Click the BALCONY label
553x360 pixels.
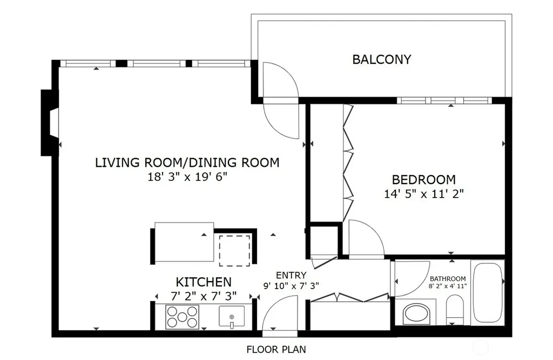click(382, 59)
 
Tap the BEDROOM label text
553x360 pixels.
click(423, 180)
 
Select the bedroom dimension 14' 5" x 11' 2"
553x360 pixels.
click(423, 194)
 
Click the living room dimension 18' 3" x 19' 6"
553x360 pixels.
click(187, 176)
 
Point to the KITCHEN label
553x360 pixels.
click(204, 282)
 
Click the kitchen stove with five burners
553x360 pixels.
click(182, 317)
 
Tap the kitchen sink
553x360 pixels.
click(232, 317)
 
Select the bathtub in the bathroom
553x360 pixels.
click(488, 293)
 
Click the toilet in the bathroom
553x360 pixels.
click(455, 310)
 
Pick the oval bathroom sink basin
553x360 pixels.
click(416, 314)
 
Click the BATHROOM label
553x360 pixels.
click(448, 279)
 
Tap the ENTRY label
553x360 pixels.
click(291, 275)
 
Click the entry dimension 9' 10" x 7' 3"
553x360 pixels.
click(291, 286)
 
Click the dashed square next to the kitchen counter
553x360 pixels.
click(234, 250)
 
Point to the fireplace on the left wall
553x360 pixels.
click(50, 123)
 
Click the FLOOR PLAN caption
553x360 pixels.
click(276, 349)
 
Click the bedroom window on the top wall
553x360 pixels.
click(444, 100)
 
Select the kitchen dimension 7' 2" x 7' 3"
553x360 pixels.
click(204, 296)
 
